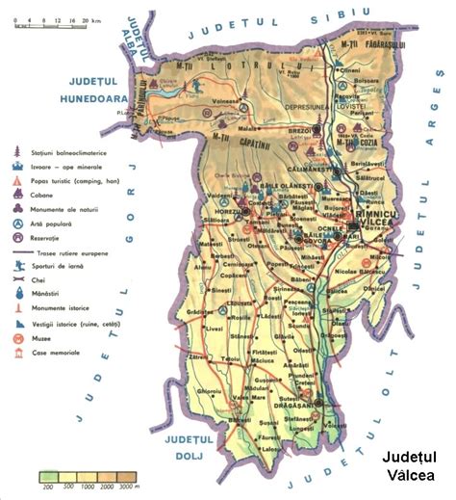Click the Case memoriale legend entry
pyautogui.click(x=57, y=353)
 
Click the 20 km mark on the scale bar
pyautogui.click(x=83, y=18)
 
